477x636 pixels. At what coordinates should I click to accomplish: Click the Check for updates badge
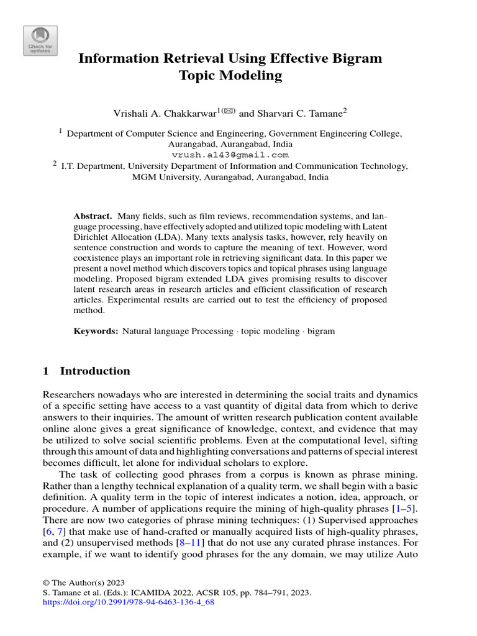40,41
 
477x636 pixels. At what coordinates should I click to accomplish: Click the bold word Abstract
93,216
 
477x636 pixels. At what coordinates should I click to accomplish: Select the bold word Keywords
96,331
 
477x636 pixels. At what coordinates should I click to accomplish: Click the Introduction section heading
94,371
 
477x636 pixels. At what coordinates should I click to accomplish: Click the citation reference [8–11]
186,543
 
